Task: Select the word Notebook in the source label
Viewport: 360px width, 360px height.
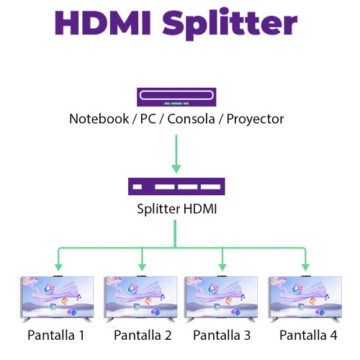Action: [x=97, y=119]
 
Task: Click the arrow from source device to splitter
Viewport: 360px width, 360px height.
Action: [x=176, y=151]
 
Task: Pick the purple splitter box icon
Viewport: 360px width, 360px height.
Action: [x=176, y=186]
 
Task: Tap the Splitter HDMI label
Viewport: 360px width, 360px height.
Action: [x=176, y=210]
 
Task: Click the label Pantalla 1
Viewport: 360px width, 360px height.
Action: [x=56, y=335]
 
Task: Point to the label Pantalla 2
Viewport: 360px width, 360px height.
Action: [x=143, y=335]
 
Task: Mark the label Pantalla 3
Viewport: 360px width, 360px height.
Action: [x=222, y=335]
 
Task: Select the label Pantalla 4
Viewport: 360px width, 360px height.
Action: [x=308, y=335]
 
